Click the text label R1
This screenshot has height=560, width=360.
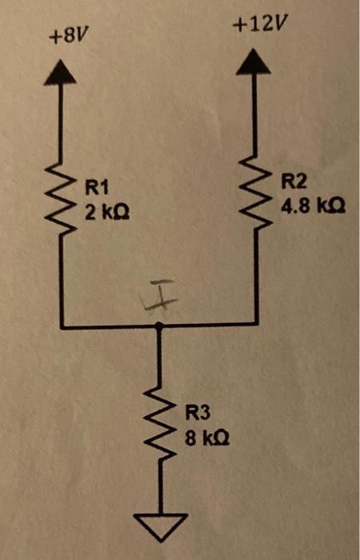point(96,189)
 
